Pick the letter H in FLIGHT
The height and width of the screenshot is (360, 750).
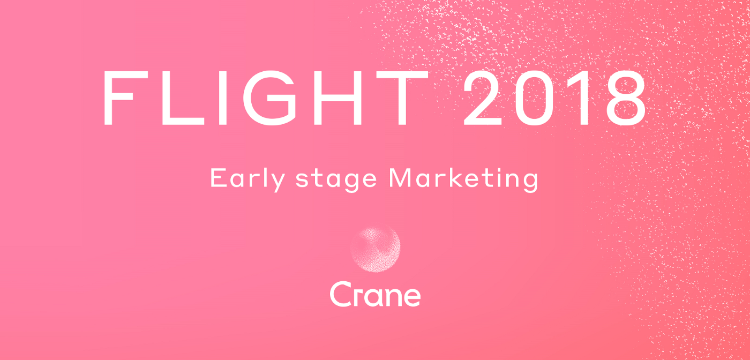pos(337,98)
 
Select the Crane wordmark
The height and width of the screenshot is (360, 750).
pos(375,294)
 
